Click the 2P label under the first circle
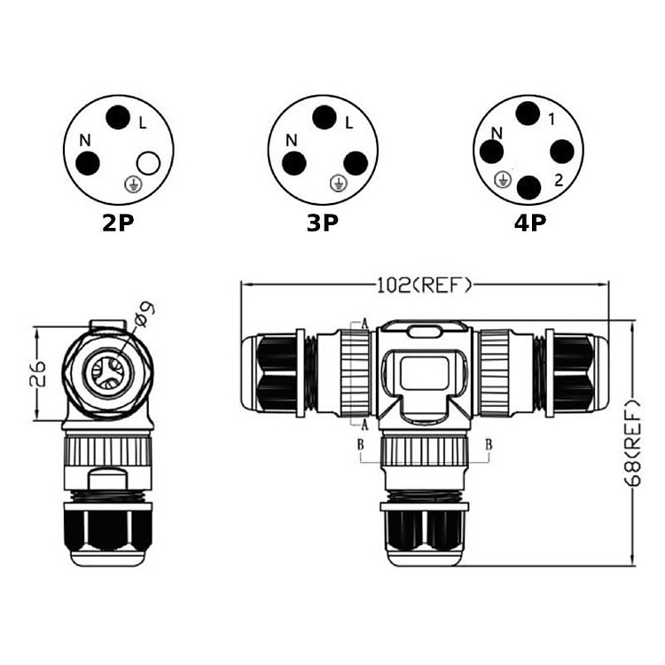coord(118,223)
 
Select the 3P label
coord(323,223)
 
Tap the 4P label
coord(530,223)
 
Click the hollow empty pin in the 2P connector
coord(148,163)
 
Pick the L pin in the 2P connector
coord(118,117)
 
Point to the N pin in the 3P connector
coord(294,163)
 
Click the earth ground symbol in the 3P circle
coord(339,184)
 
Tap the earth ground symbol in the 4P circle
coord(503,180)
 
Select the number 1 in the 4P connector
coord(552,120)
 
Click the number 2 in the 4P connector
coord(559,180)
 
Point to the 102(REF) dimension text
coord(425,286)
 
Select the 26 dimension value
coord(37,373)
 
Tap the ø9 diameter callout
coord(144,314)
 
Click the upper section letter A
coord(364,325)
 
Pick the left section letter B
coord(361,444)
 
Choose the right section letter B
coord(489,444)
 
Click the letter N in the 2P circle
coord(85,140)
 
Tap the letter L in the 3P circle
coord(349,123)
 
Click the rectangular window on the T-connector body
coord(424,373)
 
